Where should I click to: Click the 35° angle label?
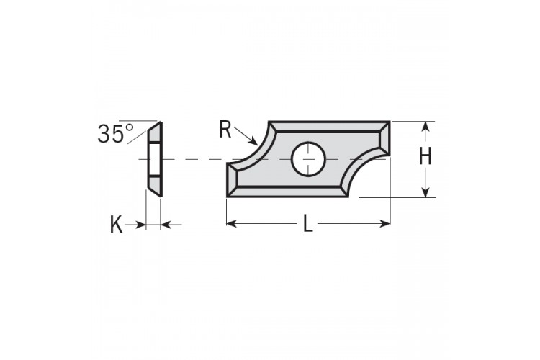[x=116, y=133]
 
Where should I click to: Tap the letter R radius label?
[x=225, y=129]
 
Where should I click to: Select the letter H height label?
[x=426, y=157]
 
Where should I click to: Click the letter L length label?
[x=308, y=223]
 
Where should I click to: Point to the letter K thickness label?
[x=116, y=225]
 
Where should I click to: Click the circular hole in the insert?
[x=308, y=159]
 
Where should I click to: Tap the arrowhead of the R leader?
[x=253, y=141]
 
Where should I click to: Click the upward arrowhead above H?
[x=426, y=127]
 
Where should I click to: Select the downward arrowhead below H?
[x=426, y=192]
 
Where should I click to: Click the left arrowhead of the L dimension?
[x=232, y=224]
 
